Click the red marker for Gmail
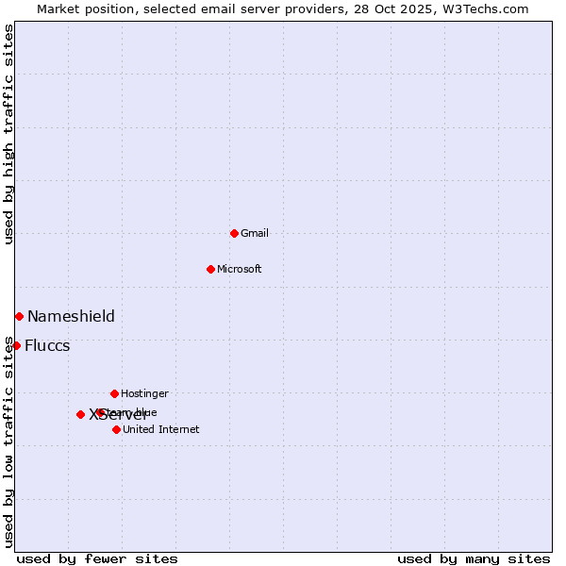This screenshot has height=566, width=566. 234,233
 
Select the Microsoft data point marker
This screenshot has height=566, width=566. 210,269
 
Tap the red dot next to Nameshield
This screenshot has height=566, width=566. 19,316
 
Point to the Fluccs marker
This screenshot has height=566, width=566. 16,345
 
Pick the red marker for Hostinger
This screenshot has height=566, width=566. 114,393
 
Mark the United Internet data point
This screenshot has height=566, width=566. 116,429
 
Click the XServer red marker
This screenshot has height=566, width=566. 80,414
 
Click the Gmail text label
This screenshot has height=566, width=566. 255,233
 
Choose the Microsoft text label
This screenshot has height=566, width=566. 240,269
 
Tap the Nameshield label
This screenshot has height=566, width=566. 71,316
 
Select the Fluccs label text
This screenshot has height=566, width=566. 47,345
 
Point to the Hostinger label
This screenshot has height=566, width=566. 144,393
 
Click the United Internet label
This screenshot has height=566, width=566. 160,429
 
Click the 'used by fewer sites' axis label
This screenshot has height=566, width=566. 97,558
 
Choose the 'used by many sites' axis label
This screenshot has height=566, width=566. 474,558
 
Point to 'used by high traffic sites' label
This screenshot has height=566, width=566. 8,135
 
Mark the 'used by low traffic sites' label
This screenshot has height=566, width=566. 8,441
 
